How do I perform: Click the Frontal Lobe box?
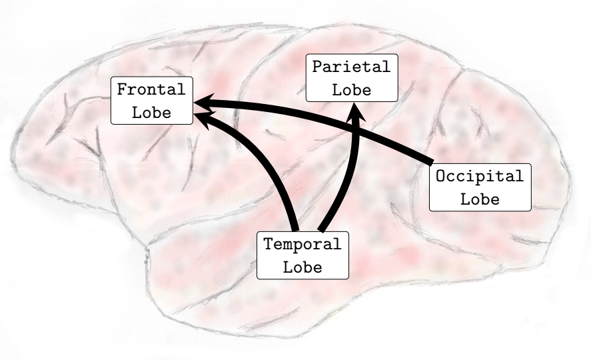(x=152, y=100)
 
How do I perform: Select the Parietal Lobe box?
(x=351, y=78)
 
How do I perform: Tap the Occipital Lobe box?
(x=480, y=187)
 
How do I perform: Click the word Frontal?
(x=151, y=89)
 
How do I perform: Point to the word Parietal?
(x=351, y=67)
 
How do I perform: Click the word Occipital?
(x=480, y=177)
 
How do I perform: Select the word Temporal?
(x=303, y=245)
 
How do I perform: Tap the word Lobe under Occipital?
(x=480, y=199)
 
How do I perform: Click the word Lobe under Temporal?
(x=303, y=268)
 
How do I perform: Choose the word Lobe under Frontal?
(x=151, y=112)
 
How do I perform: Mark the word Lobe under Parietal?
(x=351, y=90)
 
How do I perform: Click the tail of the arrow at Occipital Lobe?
(x=430, y=159)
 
